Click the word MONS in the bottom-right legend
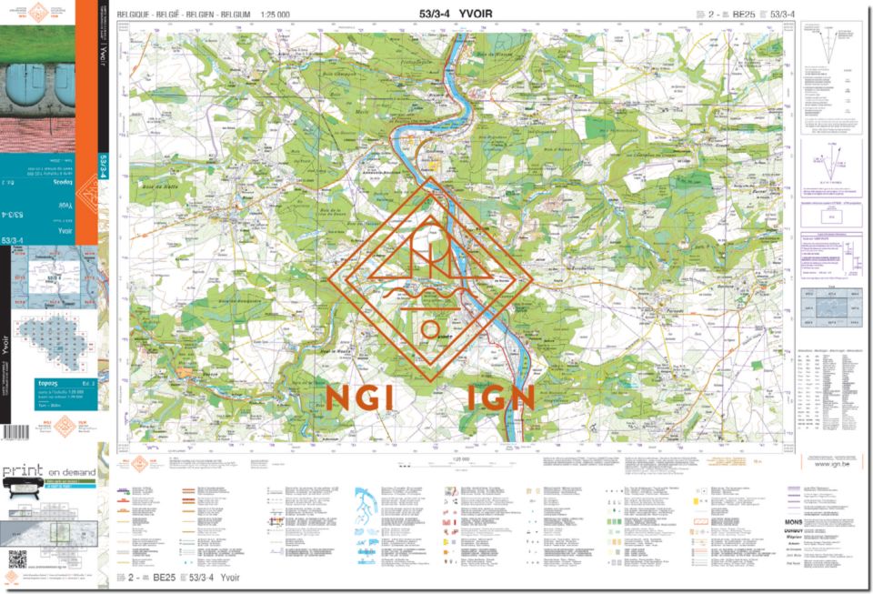point(793,523)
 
